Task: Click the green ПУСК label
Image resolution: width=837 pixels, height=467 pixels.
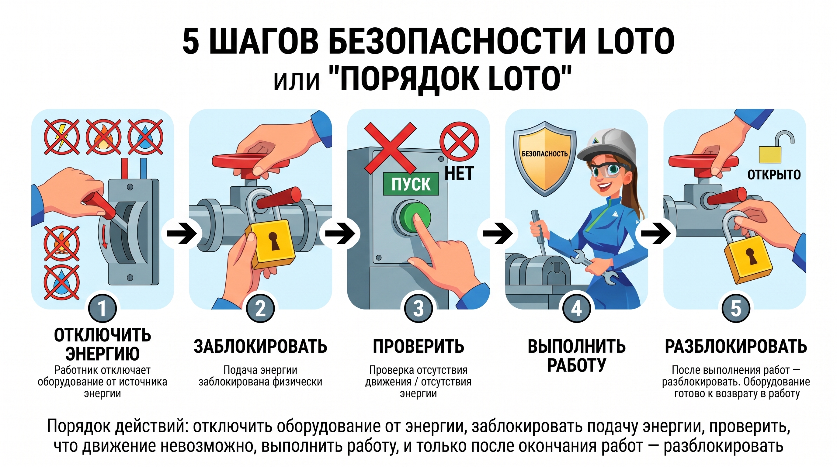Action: click(411, 184)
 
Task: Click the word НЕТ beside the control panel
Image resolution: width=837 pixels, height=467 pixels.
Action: click(459, 173)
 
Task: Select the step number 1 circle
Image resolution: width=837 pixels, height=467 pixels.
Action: click(102, 309)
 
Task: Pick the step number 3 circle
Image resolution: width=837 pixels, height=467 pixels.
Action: click(418, 309)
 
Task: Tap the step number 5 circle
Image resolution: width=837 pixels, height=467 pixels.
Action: click(736, 309)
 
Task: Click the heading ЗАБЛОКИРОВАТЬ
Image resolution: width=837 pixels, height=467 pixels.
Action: click(260, 346)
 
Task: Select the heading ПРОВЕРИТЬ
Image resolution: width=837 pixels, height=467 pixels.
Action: click(418, 346)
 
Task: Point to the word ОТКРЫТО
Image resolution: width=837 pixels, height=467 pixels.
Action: click(774, 175)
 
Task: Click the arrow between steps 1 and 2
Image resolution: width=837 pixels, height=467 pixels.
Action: click(182, 233)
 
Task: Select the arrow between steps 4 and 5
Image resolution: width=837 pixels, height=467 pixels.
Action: click(656, 233)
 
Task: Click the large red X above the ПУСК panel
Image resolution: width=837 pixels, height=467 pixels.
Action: click(390, 148)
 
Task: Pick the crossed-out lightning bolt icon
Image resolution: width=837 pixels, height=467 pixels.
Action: click(62, 137)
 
